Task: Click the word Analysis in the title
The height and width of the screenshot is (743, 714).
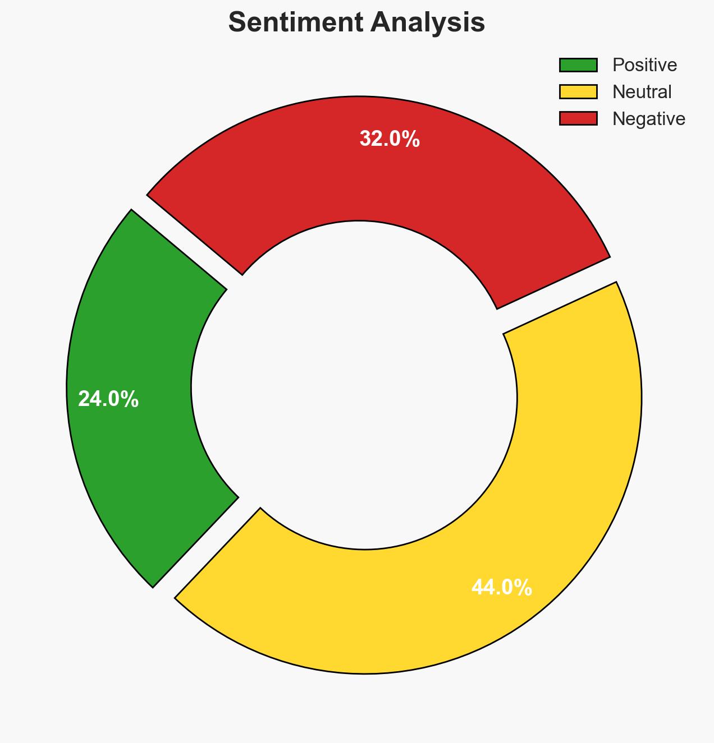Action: (x=428, y=23)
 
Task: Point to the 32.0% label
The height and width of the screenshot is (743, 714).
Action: (x=390, y=139)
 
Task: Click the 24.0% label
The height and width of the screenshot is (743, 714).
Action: (x=108, y=399)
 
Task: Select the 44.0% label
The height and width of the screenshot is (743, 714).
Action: (x=502, y=588)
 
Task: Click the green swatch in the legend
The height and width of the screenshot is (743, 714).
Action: (x=578, y=65)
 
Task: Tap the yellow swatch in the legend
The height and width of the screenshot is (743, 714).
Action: (x=578, y=91)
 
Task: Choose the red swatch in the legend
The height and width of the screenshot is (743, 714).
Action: (x=578, y=118)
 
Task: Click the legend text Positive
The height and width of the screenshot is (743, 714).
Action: (x=644, y=65)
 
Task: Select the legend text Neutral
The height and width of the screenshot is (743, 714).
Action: (x=642, y=91)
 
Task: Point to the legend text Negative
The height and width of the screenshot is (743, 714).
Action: (x=648, y=118)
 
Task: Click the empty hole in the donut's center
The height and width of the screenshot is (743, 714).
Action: (x=356, y=387)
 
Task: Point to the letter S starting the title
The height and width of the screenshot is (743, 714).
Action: (x=237, y=23)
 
